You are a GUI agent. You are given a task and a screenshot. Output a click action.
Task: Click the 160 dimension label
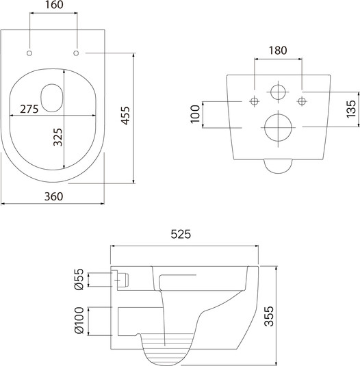[x=54, y=5]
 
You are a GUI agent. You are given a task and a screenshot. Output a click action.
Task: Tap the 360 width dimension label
[x=53, y=196]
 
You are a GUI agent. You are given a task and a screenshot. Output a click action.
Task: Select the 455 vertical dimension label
[x=125, y=116]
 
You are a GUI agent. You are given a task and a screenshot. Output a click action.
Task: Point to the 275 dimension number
[x=29, y=109]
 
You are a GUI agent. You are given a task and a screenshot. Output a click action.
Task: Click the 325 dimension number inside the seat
[x=57, y=137]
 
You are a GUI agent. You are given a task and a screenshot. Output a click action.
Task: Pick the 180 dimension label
[x=278, y=51]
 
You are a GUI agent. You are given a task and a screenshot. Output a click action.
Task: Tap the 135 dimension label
[x=351, y=109]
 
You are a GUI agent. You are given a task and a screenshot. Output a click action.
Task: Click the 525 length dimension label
[x=181, y=234]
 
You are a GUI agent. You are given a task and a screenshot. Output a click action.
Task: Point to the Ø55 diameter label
[x=79, y=279]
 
